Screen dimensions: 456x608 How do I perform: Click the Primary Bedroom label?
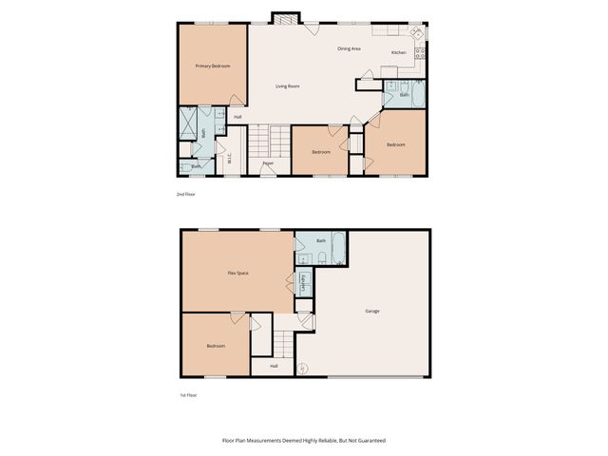[x=213, y=66]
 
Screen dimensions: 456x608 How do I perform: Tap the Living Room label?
[x=288, y=86]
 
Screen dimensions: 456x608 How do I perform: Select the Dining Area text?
[x=349, y=48]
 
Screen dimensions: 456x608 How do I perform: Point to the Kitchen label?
[x=399, y=52]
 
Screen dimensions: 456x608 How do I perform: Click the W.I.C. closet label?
[x=229, y=159]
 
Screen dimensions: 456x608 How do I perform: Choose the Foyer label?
[x=269, y=163]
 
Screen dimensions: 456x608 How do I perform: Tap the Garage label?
[x=372, y=311]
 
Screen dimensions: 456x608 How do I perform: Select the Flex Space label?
[x=237, y=273]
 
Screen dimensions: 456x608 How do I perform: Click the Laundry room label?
[x=303, y=282]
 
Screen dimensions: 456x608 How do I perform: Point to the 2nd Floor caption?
[x=185, y=194]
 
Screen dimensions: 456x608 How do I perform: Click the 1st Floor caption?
[x=188, y=394]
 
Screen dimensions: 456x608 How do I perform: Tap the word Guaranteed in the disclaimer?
[x=370, y=441]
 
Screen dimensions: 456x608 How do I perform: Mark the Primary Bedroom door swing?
[x=235, y=99]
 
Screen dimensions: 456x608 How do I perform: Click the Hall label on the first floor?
[x=274, y=366]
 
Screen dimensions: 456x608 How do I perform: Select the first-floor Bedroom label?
[x=216, y=346]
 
